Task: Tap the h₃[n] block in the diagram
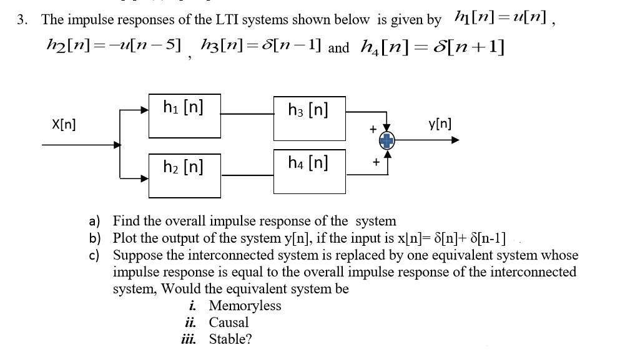click(x=308, y=118)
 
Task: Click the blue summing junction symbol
click(x=388, y=142)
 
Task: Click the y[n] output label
click(x=439, y=124)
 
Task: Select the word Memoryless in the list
click(x=245, y=306)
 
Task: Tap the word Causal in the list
click(x=229, y=323)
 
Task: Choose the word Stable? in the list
click(x=230, y=339)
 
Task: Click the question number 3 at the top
click(x=22, y=19)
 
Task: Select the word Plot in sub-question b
click(x=125, y=238)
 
